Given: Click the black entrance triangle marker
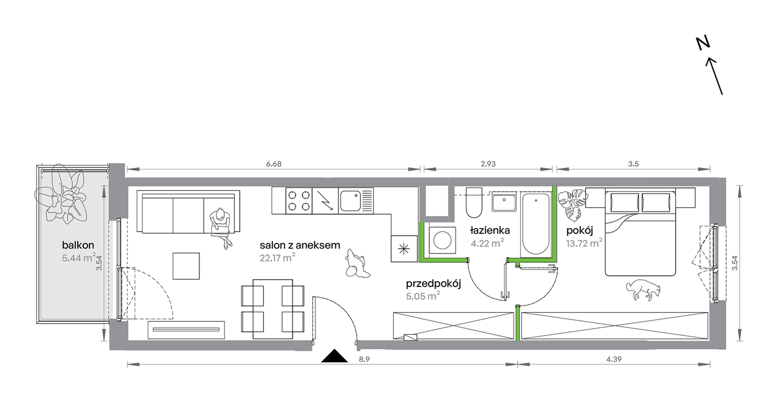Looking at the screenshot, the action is [x=334, y=356].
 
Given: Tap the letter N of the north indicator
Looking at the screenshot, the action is [x=703, y=43].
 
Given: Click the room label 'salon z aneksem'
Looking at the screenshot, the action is [x=300, y=245].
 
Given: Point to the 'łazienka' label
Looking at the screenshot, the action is [x=490, y=230].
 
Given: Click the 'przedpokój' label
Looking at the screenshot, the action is [x=433, y=284].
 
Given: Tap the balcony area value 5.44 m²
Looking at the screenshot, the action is [x=79, y=258].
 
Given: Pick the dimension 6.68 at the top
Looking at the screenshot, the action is [x=274, y=164].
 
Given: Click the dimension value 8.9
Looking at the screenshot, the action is [x=364, y=359].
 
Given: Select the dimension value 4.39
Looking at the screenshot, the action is [x=613, y=359].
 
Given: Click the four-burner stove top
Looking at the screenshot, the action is [x=299, y=201].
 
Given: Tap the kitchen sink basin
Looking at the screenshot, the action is [x=350, y=201].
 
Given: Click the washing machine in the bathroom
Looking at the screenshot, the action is [x=442, y=240].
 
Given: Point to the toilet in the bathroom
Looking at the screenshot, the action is [x=474, y=203].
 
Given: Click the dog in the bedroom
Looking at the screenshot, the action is [x=643, y=290].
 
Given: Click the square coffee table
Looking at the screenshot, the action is [x=186, y=266].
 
